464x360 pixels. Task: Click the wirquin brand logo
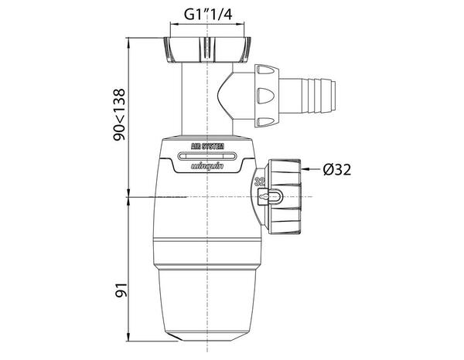(x=209, y=166)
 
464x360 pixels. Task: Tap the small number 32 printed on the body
(x=261, y=182)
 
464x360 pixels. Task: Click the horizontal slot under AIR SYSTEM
(x=209, y=155)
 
